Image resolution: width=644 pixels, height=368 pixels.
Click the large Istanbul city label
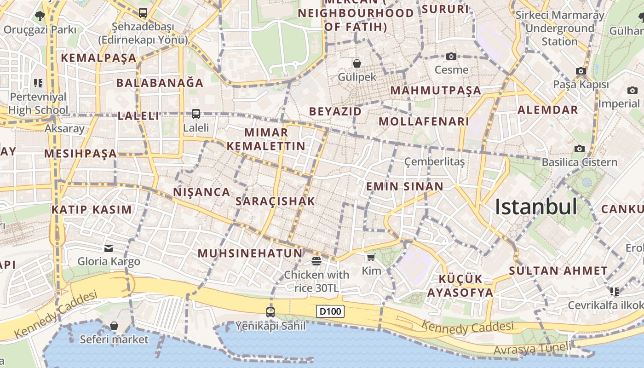536,207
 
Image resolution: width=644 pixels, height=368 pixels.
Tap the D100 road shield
330,311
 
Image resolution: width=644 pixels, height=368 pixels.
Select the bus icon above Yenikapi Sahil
270,312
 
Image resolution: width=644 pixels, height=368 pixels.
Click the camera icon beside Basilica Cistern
580,149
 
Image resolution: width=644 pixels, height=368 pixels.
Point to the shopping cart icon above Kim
371,257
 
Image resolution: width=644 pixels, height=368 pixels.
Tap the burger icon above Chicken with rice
316,261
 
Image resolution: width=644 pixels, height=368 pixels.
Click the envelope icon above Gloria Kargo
109,248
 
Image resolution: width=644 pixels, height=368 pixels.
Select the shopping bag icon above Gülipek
357,63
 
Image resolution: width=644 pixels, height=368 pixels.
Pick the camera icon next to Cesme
451,56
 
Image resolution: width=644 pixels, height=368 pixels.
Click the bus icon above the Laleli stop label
196,114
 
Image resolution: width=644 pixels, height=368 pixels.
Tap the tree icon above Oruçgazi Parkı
40,16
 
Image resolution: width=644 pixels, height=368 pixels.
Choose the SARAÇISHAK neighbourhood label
275,201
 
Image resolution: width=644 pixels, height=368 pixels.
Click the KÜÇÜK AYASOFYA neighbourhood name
460,286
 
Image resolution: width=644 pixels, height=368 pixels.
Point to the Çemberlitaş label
435,161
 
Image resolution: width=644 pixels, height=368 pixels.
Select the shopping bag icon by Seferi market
114,326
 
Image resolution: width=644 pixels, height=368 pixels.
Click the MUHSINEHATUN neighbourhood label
250,253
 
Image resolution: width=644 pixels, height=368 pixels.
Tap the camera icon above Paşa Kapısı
581,71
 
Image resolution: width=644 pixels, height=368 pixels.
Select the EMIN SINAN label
405,186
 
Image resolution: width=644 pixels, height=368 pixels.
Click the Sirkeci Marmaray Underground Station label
559,28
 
